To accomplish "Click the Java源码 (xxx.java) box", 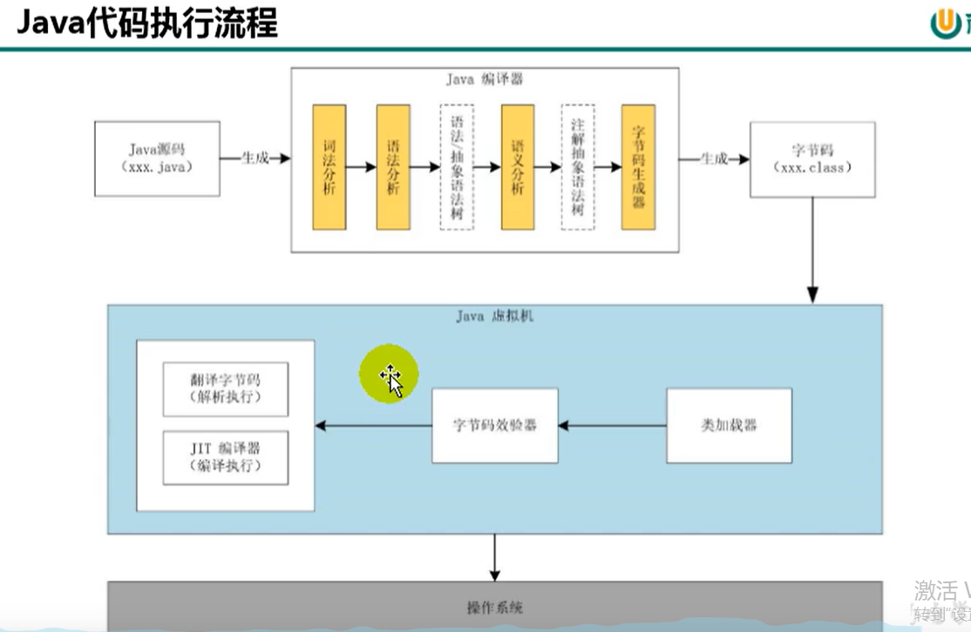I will (x=157, y=158).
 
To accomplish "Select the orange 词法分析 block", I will (x=329, y=167).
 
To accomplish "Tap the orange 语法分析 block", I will (x=393, y=167).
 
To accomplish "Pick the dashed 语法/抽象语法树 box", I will (x=457, y=167).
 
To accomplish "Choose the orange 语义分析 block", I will (x=518, y=167).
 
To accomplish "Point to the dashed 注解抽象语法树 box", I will (x=578, y=167).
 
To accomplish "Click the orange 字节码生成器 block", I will (x=638, y=167).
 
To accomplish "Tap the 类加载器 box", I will (x=729, y=426).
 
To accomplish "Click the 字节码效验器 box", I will (x=494, y=426).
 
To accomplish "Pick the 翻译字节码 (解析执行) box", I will (x=225, y=389).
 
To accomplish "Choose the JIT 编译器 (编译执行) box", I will (x=225, y=457).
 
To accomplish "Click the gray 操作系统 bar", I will (x=494, y=608).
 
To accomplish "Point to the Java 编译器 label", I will (x=485, y=79).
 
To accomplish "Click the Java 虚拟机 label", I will (x=494, y=316).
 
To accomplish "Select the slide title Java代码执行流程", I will (x=146, y=24).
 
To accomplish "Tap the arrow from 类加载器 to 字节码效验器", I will (x=612, y=426).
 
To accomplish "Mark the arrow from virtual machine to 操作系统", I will (x=494, y=557).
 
